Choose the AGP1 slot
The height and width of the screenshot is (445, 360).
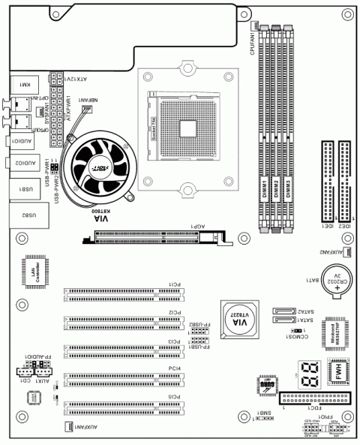[157, 238]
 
